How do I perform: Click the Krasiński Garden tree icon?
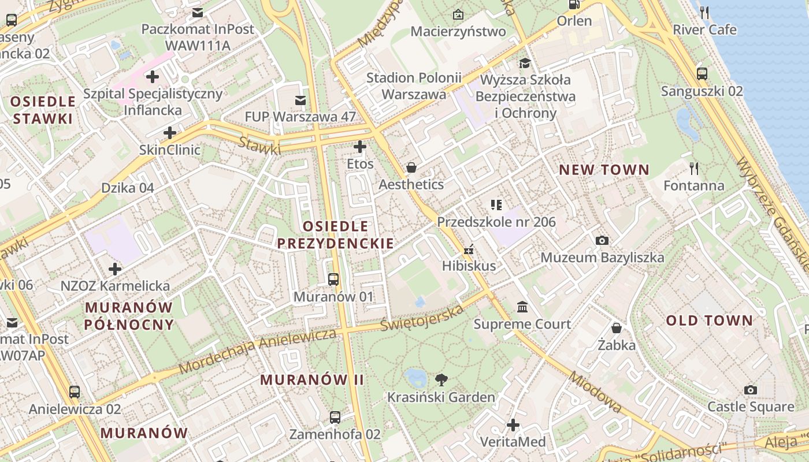[x=441, y=379]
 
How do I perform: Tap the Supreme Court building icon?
[x=522, y=307]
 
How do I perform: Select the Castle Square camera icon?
[x=751, y=390]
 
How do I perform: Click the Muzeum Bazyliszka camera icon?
[x=602, y=240]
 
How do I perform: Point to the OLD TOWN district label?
[x=710, y=321]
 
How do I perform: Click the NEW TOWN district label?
[x=604, y=170]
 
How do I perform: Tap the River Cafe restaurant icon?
[x=704, y=12]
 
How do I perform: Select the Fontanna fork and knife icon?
[x=694, y=168]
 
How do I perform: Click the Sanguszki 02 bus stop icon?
[x=702, y=73]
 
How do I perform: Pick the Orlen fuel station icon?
[x=574, y=4]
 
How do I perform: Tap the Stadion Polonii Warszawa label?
[x=414, y=85]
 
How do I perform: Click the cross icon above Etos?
[x=360, y=147]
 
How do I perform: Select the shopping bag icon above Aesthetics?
[x=411, y=167]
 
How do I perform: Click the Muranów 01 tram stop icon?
[x=333, y=280]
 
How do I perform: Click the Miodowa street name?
[x=595, y=392]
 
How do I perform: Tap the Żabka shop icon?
[x=617, y=328]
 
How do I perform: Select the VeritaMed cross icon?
[x=513, y=425]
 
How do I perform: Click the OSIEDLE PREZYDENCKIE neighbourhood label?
[x=336, y=234]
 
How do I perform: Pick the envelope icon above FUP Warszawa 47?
[x=300, y=100]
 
